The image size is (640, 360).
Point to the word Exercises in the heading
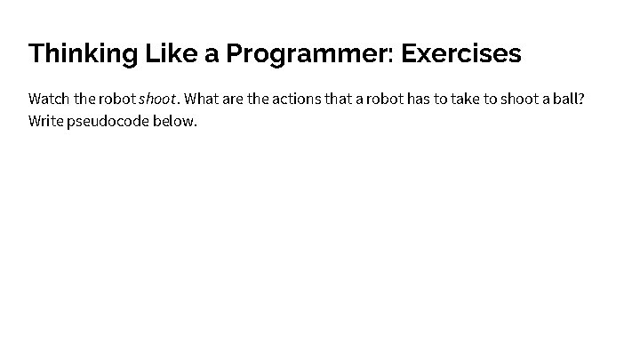tap(461, 54)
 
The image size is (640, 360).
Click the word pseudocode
tap(108, 120)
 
